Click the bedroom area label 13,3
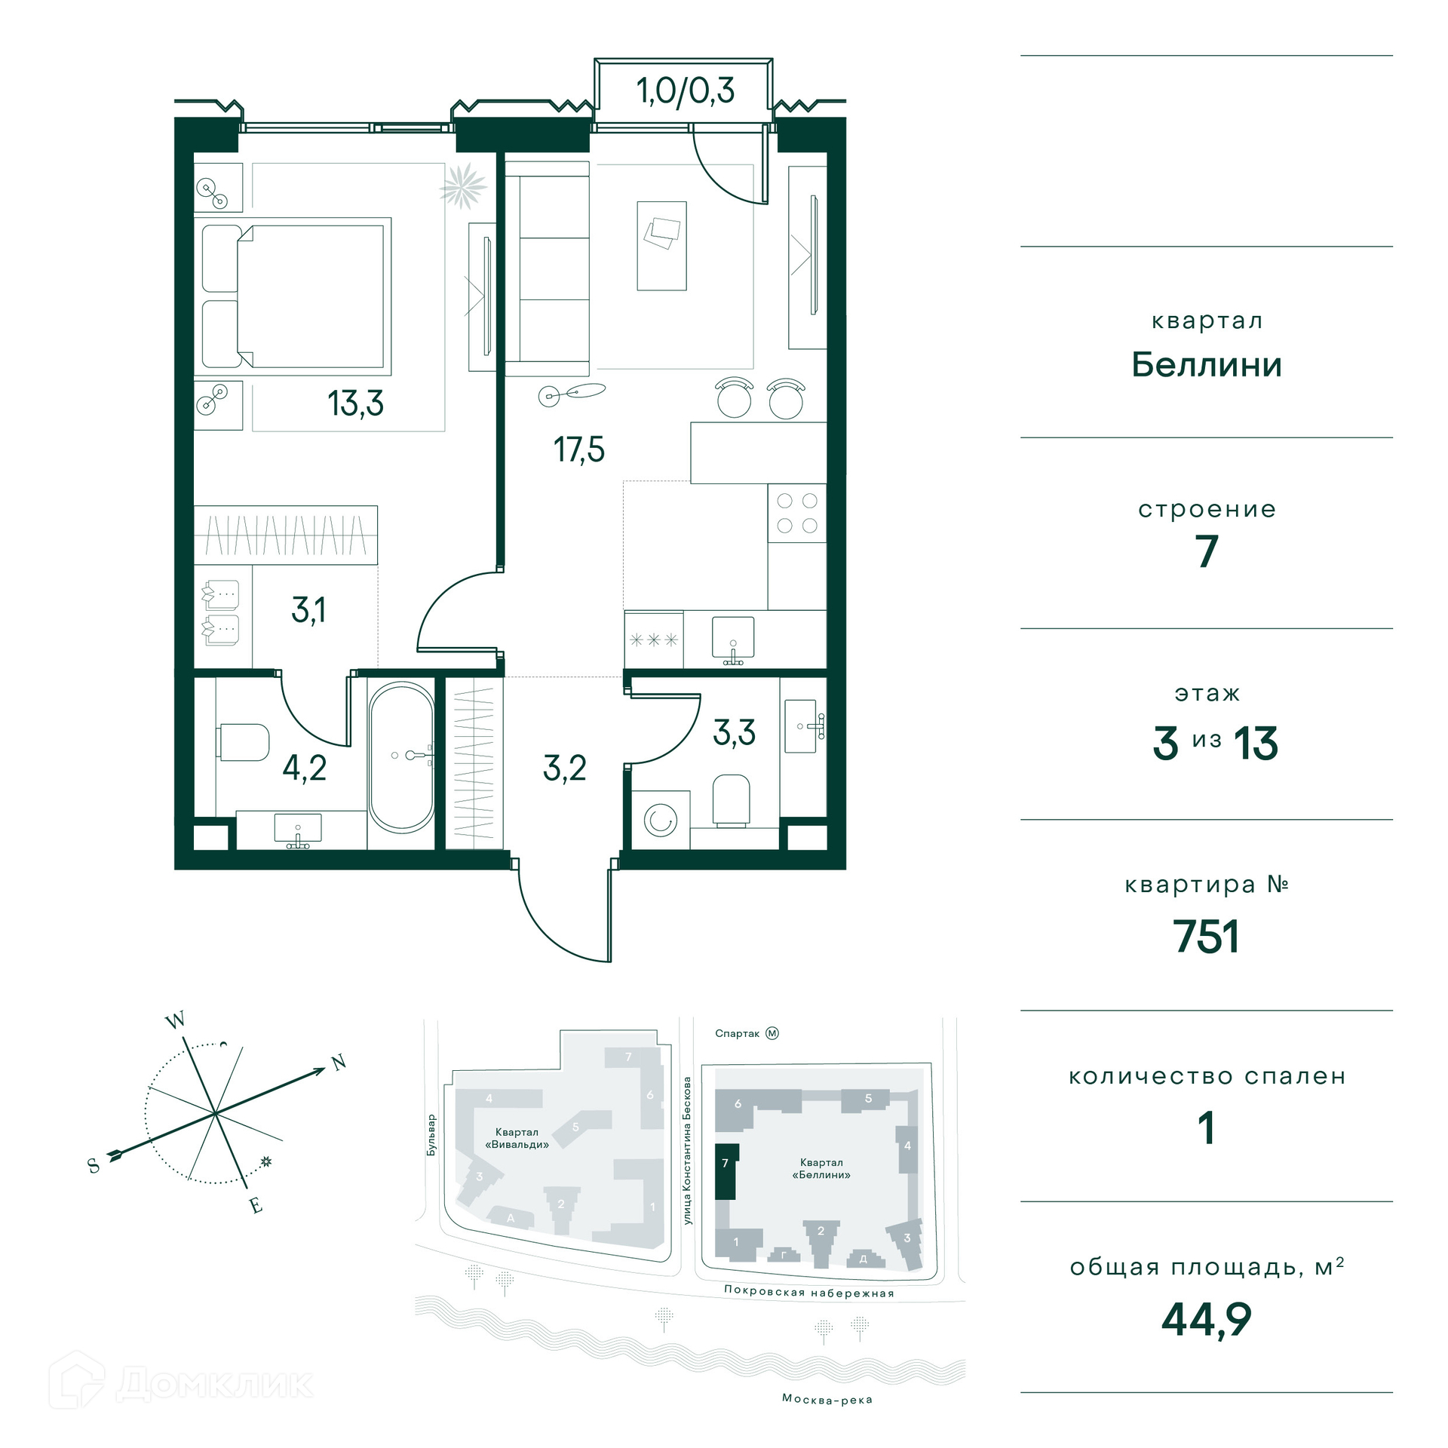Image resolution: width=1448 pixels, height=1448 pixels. point(355,403)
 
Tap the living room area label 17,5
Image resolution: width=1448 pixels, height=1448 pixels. point(578,449)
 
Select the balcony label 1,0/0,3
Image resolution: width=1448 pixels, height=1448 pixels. point(685,90)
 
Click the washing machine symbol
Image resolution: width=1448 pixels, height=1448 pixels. point(660,820)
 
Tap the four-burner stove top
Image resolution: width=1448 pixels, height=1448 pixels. point(797,513)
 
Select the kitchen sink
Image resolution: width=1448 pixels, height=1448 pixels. point(732,640)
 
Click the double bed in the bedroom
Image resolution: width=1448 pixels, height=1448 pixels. point(296,296)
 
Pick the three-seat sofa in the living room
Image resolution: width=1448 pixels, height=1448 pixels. point(547,268)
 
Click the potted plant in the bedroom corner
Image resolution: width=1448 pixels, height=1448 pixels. point(462,186)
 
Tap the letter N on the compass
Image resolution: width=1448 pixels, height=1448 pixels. point(339,1063)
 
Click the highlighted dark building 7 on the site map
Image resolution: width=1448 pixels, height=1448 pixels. point(726,1171)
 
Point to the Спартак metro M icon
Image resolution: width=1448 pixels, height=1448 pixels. point(772,1033)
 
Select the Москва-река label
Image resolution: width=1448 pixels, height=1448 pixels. point(827,1400)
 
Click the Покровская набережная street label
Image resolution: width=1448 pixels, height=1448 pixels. point(808,1292)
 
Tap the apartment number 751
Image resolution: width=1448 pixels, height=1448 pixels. point(1206,937)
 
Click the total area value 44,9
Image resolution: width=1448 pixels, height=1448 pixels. point(1206,1320)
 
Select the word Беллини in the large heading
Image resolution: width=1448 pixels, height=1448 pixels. point(1207,365)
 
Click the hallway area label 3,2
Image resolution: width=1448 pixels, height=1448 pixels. point(564,768)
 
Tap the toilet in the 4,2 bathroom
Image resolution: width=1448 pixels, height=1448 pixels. point(243,742)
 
